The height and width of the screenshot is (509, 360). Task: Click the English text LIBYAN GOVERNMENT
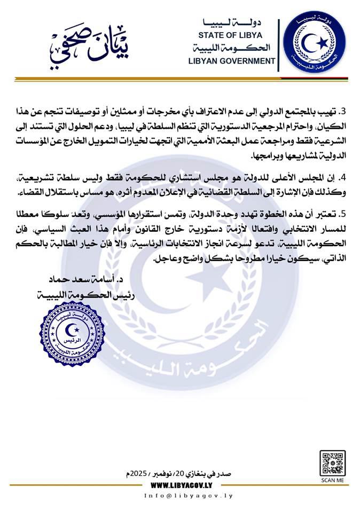(x=232, y=61)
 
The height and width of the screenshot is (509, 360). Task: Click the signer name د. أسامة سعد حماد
(x=79, y=280)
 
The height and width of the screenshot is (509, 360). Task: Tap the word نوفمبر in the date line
(x=161, y=474)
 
